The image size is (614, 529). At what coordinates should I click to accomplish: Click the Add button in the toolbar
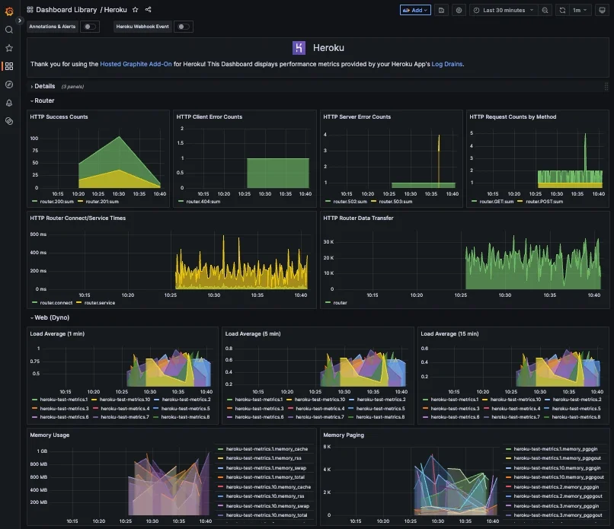[415, 10]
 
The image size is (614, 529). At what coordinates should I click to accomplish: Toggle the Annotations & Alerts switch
[90, 27]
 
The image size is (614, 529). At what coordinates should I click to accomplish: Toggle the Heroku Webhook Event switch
[183, 27]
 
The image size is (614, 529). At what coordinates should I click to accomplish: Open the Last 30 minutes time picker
[504, 10]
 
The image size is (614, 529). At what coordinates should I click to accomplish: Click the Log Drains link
[447, 64]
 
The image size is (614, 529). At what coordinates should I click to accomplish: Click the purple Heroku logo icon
[299, 48]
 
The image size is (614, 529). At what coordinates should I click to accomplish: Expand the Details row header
[44, 86]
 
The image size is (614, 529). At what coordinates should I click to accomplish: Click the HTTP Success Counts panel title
[59, 117]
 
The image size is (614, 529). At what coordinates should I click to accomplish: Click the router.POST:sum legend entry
[545, 202]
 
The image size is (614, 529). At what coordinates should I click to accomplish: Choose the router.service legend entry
[98, 303]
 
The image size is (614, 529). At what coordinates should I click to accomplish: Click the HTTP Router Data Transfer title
[362, 218]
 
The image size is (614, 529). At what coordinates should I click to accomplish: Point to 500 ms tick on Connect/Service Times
[38, 234]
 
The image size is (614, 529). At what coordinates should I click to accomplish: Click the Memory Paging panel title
[344, 435]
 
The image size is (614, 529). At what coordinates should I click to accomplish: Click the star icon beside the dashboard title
[135, 10]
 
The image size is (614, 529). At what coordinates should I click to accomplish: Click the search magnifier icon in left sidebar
[9, 30]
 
